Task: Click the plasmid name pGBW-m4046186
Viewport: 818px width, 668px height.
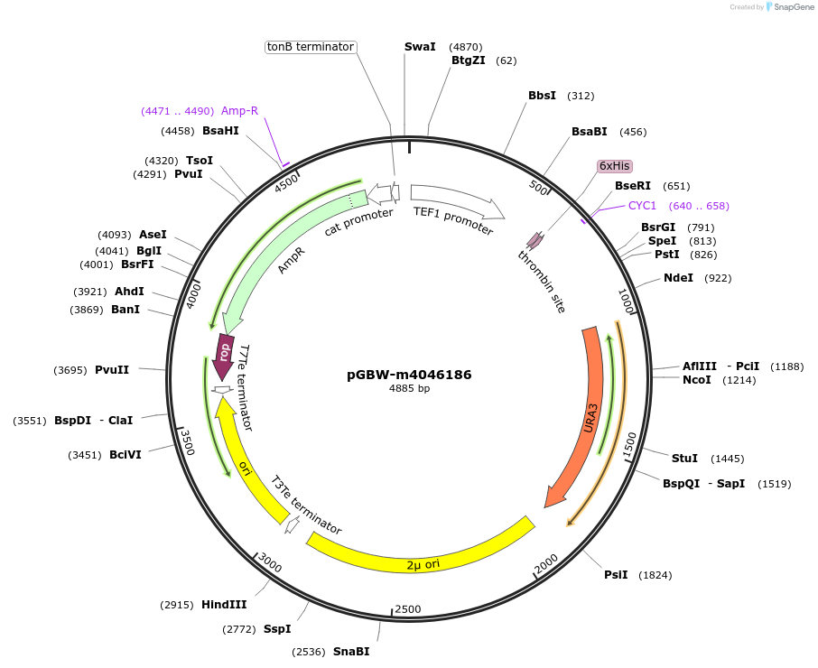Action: (409, 375)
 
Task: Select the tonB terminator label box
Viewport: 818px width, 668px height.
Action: (311, 47)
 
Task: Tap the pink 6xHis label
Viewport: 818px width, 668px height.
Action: (615, 166)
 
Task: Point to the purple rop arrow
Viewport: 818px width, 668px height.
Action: (224, 350)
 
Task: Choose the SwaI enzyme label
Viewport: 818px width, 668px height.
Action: (420, 47)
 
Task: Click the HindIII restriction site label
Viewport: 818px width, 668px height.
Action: (224, 605)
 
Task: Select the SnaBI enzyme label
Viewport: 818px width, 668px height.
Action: (351, 652)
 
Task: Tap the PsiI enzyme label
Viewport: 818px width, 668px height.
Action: (616, 575)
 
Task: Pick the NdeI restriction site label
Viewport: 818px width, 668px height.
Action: (678, 278)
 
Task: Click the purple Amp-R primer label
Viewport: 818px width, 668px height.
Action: (239, 111)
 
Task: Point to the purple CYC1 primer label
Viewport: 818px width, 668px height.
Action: (643, 206)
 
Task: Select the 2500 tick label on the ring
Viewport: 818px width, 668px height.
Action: (408, 609)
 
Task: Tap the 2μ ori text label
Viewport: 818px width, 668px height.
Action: (423, 565)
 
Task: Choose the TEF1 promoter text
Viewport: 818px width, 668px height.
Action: (453, 220)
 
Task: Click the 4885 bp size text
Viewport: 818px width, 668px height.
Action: (409, 389)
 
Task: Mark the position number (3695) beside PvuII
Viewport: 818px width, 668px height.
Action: (71, 370)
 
